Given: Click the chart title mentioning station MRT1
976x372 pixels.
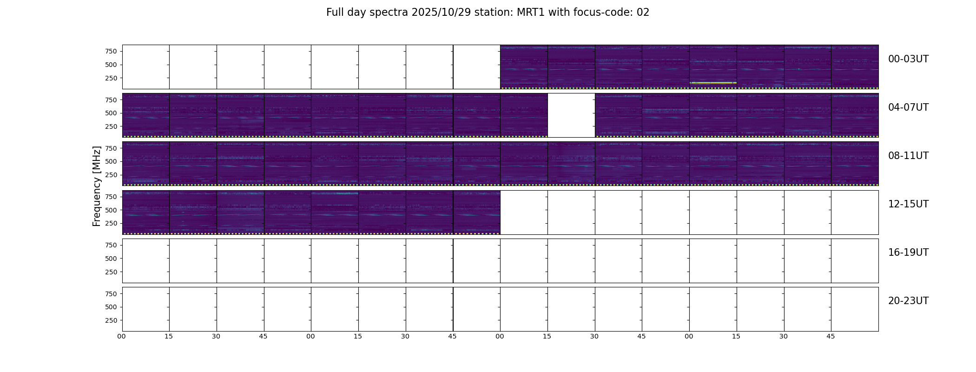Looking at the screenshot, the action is [488, 13].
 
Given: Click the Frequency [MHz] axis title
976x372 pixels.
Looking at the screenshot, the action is [97, 186].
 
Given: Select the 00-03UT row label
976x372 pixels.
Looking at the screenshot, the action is [908, 59].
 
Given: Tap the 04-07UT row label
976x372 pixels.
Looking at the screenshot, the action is [908, 107].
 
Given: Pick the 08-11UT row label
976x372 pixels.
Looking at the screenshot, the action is [908, 156].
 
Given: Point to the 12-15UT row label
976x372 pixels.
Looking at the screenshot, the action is [908, 204].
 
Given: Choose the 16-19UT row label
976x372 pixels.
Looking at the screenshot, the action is [908, 252].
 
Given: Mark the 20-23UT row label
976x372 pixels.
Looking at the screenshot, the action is [908, 301].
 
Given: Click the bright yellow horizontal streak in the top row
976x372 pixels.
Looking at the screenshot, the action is [713, 83].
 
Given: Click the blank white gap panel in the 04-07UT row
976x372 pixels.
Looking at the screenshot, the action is [571, 115].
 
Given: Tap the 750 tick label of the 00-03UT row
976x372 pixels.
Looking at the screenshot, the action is [111, 51].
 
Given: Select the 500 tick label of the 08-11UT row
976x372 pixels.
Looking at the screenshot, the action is [111, 161].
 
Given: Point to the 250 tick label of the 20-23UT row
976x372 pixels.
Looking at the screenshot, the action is [111, 320].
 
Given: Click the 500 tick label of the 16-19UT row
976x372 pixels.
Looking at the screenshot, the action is [111, 259].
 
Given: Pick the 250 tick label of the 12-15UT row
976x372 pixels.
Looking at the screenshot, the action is [111, 224].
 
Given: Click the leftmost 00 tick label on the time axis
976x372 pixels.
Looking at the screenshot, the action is [122, 336].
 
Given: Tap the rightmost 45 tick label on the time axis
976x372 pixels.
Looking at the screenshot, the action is [831, 336].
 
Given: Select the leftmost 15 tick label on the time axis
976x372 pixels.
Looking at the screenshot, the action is [169, 336].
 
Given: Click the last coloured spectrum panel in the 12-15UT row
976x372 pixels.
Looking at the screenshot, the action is [477, 212].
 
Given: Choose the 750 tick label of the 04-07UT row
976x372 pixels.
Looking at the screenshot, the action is [111, 100].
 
